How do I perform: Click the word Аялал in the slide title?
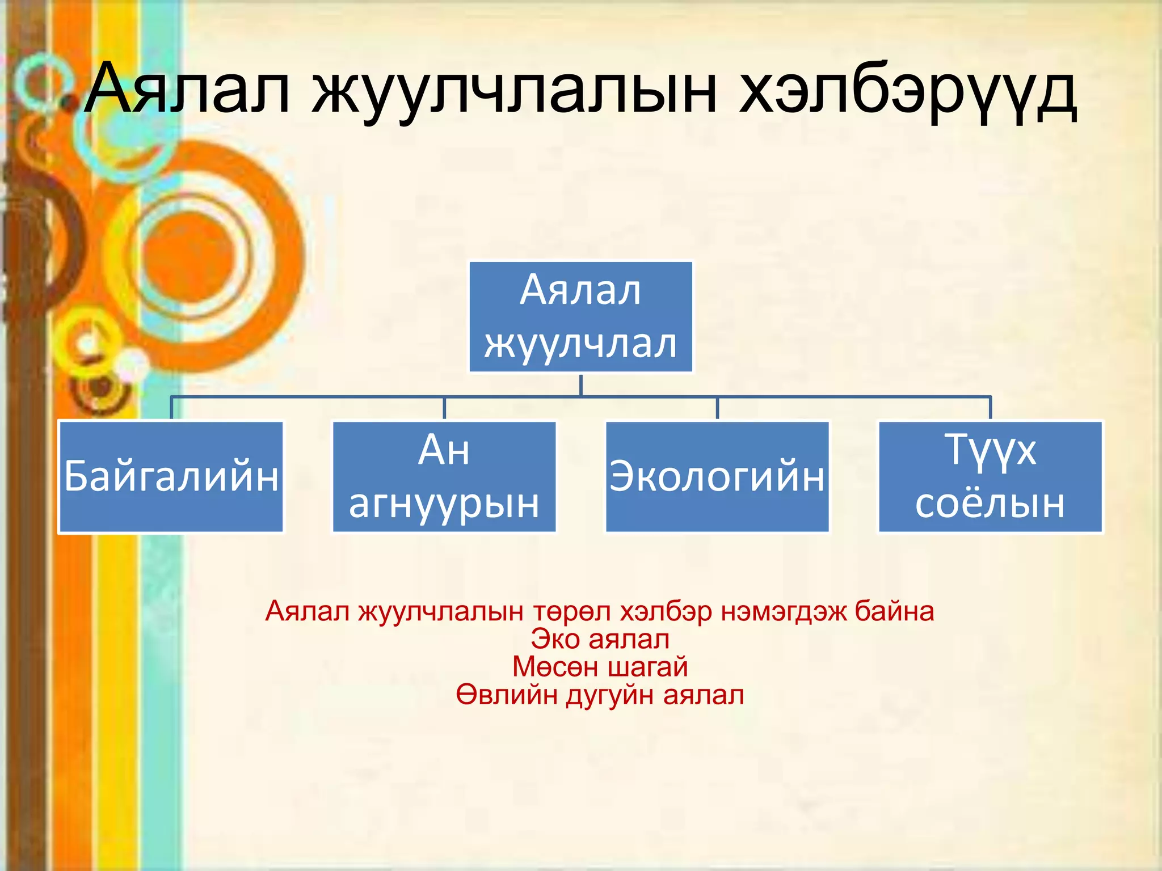pyautogui.click(x=187, y=90)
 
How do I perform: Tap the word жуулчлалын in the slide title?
pyautogui.click(x=513, y=91)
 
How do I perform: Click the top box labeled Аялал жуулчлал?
pyautogui.click(x=580, y=316)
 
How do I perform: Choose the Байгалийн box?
pyautogui.click(x=171, y=476)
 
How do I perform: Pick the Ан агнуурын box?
pyautogui.click(x=444, y=476)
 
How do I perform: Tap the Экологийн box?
pyautogui.click(x=717, y=476)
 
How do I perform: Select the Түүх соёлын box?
pyautogui.click(x=990, y=476)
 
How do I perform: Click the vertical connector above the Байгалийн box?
pyautogui.click(x=171, y=408)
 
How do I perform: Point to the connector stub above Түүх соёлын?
pyautogui.click(x=990, y=408)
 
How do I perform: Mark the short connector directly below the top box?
pyautogui.click(x=581, y=384)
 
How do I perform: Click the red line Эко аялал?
pyautogui.click(x=600, y=639)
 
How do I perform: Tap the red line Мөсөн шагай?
pyautogui.click(x=600, y=667)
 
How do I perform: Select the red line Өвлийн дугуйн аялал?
pyautogui.click(x=600, y=695)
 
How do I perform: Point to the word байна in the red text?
pyautogui.click(x=894, y=611)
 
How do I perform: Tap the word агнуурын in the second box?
pyautogui.click(x=444, y=503)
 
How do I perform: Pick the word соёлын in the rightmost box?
pyautogui.click(x=990, y=503)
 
